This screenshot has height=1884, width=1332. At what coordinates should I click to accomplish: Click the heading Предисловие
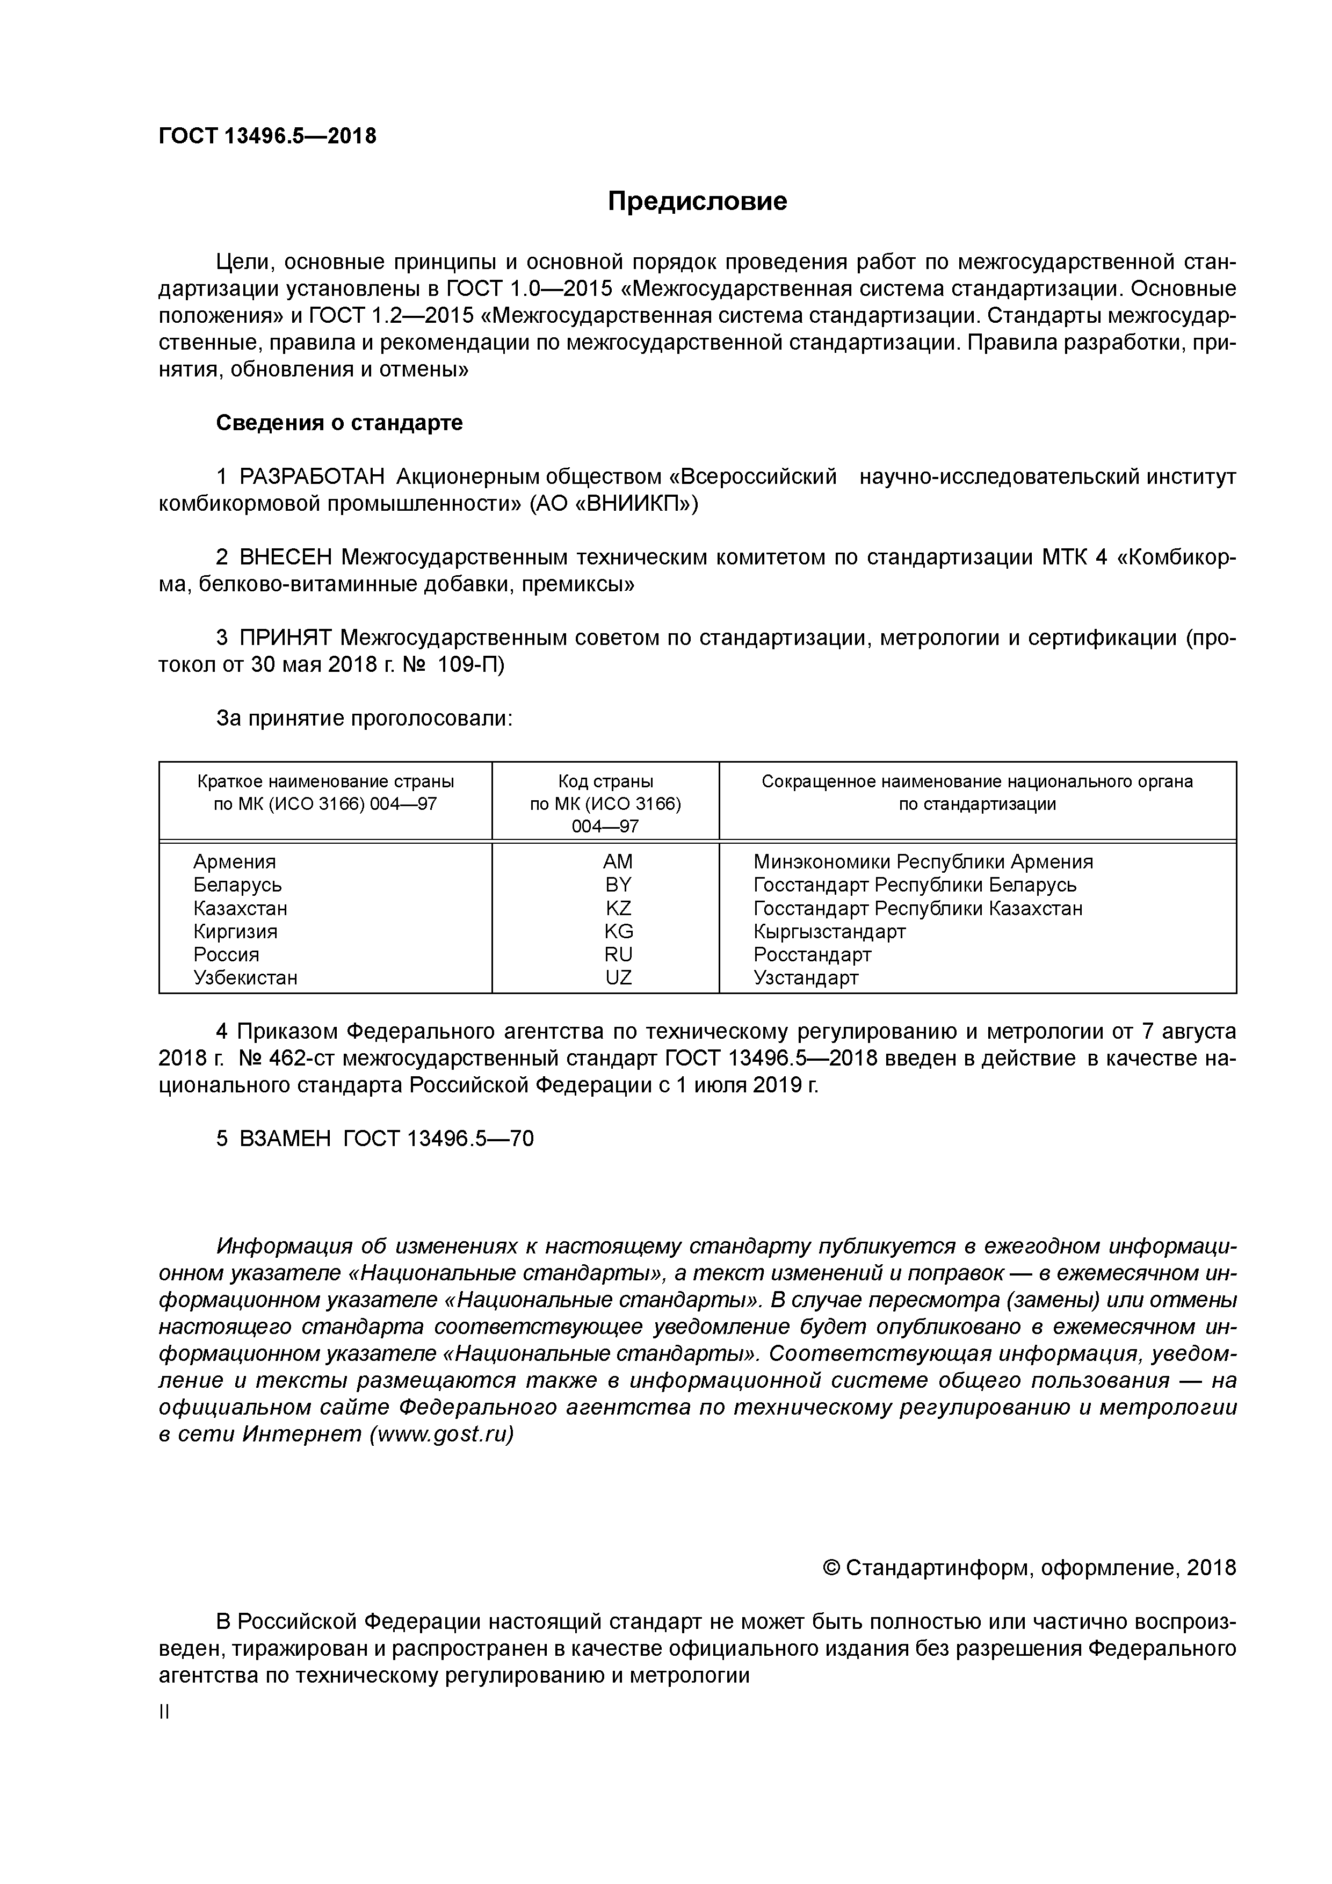(x=697, y=201)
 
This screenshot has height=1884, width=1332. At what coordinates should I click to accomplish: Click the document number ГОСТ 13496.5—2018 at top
(x=267, y=136)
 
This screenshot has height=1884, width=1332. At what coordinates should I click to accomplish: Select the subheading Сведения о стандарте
(x=339, y=423)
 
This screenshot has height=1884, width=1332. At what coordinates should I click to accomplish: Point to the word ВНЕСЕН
(x=286, y=557)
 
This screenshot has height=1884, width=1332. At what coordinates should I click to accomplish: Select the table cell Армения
(x=235, y=861)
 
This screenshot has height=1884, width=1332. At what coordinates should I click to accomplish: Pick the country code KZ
(x=618, y=908)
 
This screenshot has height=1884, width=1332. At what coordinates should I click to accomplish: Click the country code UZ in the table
(x=618, y=978)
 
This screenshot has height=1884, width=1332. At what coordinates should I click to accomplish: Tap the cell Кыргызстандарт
(x=829, y=931)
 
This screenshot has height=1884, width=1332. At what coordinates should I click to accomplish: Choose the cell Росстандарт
(x=812, y=954)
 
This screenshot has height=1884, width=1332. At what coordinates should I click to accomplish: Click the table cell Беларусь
(x=237, y=885)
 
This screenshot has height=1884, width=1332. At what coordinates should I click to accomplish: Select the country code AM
(x=618, y=861)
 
